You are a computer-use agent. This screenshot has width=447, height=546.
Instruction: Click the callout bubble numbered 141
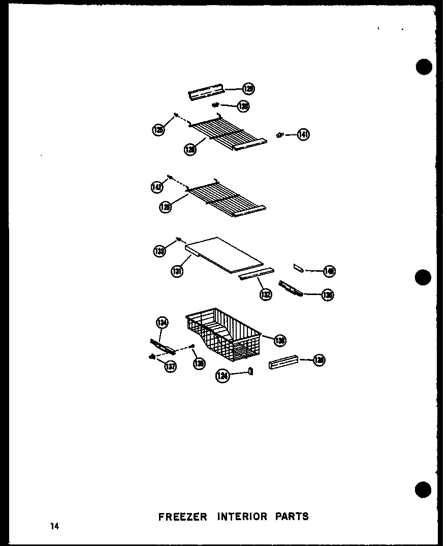click(x=303, y=134)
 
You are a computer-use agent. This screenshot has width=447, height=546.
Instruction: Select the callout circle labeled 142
click(x=157, y=187)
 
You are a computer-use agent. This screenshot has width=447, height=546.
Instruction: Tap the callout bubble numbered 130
click(x=243, y=106)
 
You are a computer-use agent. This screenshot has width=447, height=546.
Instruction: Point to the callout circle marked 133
click(x=159, y=250)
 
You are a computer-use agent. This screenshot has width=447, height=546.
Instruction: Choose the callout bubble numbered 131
click(x=177, y=271)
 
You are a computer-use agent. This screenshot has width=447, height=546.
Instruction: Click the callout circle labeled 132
click(x=266, y=294)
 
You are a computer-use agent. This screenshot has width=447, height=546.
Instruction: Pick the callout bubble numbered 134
click(x=162, y=322)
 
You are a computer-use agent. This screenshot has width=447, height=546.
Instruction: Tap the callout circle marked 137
click(x=170, y=367)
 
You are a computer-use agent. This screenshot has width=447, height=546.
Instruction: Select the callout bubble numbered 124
click(x=222, y=376)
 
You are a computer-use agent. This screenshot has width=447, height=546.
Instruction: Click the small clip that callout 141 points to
click(x=279, y=134)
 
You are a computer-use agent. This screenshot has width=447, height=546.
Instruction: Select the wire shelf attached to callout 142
click(x=226, y=198)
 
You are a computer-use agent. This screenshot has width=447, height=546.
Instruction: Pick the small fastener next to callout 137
click(x=151, y=357)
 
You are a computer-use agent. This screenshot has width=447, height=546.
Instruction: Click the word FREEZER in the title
click(x=182, y=517)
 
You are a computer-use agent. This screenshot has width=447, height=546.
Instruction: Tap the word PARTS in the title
click(x=292, y=517)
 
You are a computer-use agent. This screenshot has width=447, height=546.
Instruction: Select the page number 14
click(x=54, y=526)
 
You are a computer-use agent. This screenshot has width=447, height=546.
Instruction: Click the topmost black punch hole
click(x=423, y=67)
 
